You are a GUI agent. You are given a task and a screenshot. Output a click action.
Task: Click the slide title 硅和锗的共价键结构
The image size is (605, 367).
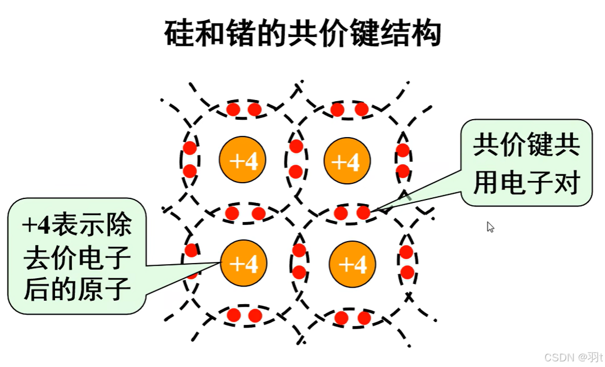coord(302,34)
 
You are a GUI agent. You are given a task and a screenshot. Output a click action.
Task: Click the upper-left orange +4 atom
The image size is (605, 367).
coord(242,161)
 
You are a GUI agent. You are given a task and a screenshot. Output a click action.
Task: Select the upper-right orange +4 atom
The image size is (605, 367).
coord(346,161)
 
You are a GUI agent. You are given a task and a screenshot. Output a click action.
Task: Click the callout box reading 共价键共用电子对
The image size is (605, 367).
coord(526,163)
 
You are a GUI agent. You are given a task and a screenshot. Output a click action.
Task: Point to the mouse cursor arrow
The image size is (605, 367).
coord(490,226)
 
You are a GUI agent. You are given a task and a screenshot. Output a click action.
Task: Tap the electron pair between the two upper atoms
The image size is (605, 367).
coord(296,159)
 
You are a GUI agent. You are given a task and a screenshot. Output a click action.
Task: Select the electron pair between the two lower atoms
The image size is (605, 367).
coord(299,261)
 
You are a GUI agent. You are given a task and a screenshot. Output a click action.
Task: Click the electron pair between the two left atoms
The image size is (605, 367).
coord(245,213)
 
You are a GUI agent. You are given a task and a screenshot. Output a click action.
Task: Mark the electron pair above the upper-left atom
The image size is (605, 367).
coord(244,109)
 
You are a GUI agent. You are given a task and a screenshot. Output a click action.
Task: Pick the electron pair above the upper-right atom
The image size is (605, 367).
coord(349,109)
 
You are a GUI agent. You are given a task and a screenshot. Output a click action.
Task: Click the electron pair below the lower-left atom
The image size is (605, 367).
coord(244,315)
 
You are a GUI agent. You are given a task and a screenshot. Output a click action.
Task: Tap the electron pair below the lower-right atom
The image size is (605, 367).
coord(353,318)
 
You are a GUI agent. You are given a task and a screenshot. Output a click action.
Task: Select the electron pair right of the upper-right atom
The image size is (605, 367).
coord(403,160)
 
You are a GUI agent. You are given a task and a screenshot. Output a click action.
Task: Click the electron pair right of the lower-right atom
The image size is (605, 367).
coord(407,262)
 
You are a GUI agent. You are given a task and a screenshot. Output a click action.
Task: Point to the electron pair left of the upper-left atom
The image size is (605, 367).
coord(190,159)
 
